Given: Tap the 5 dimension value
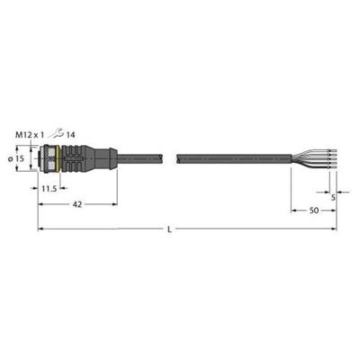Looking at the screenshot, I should (x=333, y=197).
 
